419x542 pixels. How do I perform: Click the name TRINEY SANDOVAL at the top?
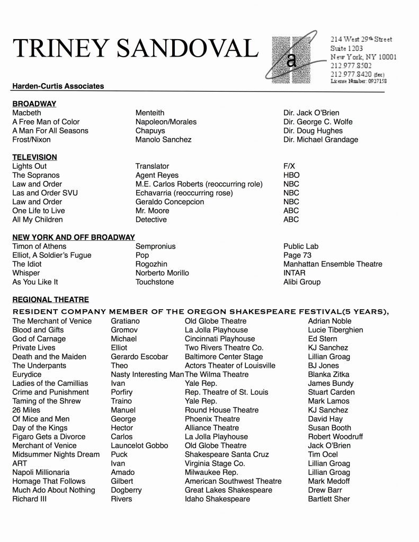pyautogui.click(x=135, y=49)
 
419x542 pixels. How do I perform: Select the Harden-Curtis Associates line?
pyautogui.click(x=58, y=86)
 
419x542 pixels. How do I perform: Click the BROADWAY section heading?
pyautogui.click(x=34, y=104)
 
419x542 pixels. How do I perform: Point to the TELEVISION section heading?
pyautogui.click(x=34, y=157)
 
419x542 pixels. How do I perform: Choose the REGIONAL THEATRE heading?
pyautogui.click(x=50, y=300)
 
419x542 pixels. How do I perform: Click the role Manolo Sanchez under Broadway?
pyautogui.click(x=163, y=140)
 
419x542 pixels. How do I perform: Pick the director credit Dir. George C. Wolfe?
pyautogui.click(x=318, y=122)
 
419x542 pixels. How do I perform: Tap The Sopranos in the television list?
pyautogui.click(x=36, y=175)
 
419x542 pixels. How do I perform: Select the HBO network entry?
pyautogui.click(x=291, y=175)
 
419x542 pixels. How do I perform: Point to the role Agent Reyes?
pyautogui.click(x=157, y=175)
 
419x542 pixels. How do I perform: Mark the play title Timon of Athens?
pyautogui.click(x=39, y=246)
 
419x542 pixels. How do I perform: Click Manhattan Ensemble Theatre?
pyautogui.click(x=333, y=264)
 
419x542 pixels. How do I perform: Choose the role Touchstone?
pyautogui.click(x=155, y=282)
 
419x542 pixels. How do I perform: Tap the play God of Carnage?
pyautogui.click(x=39, y=339)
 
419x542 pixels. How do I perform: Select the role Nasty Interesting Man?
pyautogui.click(x=147, y=374)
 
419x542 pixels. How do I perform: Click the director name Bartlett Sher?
pyautogui.click(x=328, y=499)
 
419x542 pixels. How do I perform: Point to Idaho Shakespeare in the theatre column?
pyautogui.click(x=217, y=499)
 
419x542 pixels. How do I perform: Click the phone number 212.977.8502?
pyautogui.click(x=351, y=66)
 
